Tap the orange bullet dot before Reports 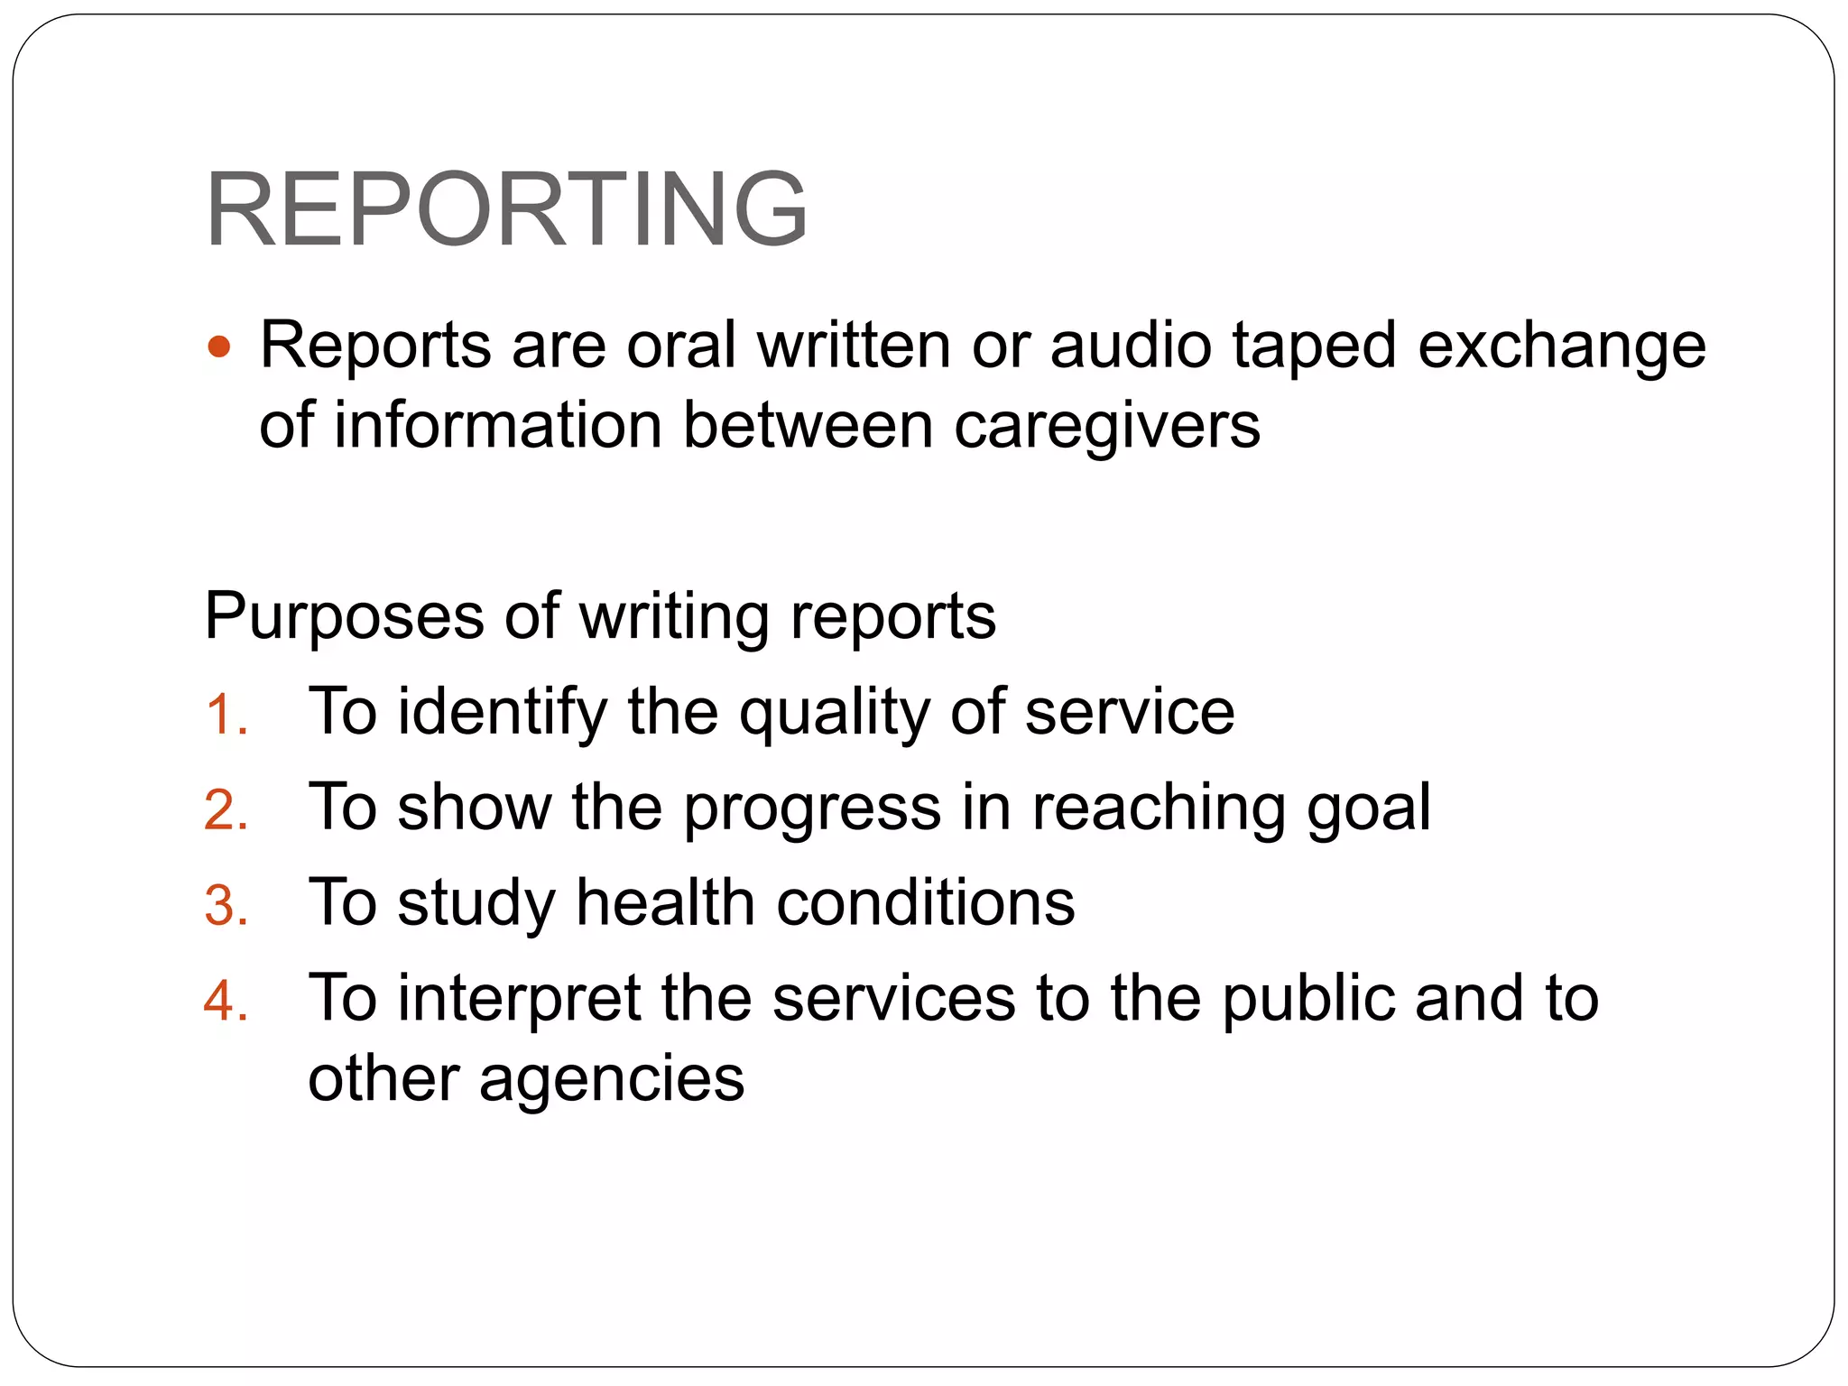pos(219,346)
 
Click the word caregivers pos(1107,426)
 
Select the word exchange pos(1562,346)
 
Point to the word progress pos(812,808)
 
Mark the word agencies pos(612,1080)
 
